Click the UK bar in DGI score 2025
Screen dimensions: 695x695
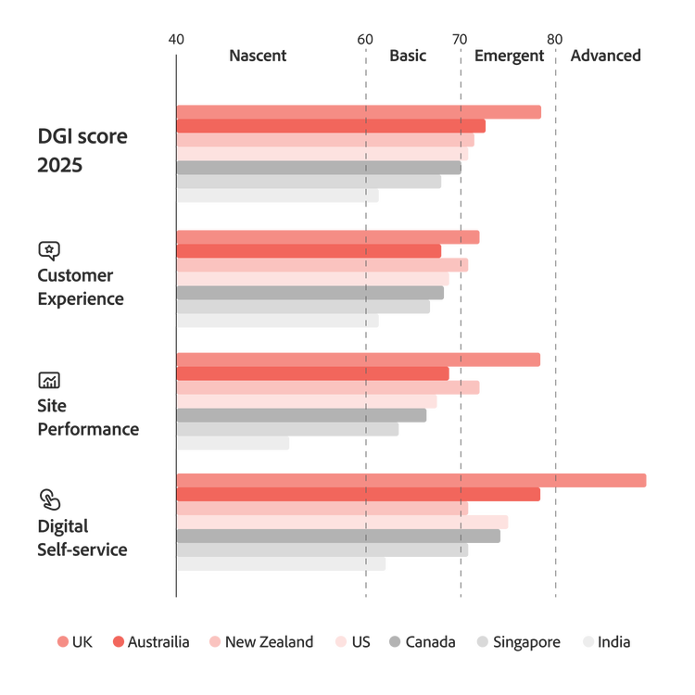(x=360, y=112)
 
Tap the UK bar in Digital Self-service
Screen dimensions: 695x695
(x=411, y=480)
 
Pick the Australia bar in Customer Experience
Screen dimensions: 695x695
(x=310, y=250)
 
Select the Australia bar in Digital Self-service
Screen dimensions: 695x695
(x=359, y=495)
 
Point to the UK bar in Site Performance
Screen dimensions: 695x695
(x=359, y=360)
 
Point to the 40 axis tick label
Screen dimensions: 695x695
(x=176, y=39)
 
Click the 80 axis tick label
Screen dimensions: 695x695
(x=554, y=39)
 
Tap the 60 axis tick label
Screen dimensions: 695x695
(x=365, y=39)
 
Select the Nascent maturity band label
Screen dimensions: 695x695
(x=258, y=57)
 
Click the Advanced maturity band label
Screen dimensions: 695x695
(x=605, y=57)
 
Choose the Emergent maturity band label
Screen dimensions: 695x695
(x=509, y=57)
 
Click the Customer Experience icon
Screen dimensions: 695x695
(x=48, y=249)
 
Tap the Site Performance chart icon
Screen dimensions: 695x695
(x=48, y=380)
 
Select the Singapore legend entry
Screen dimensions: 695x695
(x=518, y=642)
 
